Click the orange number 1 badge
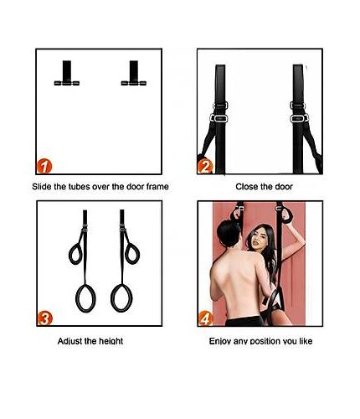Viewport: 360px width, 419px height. point(44,166)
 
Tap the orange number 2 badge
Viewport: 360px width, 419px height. point(205,167)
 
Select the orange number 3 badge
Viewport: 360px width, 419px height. point(44,318)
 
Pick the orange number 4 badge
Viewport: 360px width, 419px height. point(205,318)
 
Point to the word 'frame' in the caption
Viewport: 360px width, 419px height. point(157,186)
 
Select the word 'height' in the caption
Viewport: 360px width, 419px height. point(111,341)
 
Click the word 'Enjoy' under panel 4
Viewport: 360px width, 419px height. point(220,341)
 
